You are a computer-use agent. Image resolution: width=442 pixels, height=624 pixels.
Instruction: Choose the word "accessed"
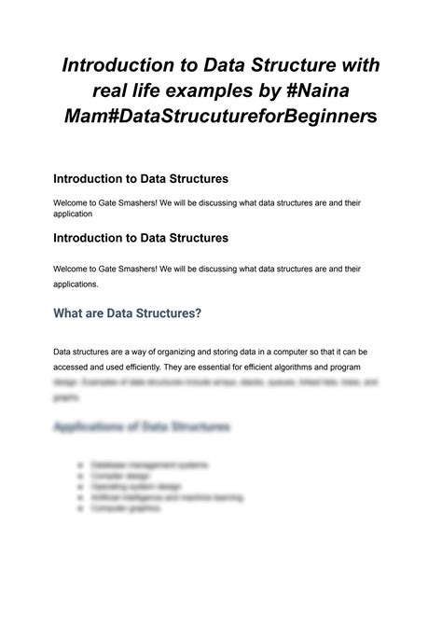click(74, 367)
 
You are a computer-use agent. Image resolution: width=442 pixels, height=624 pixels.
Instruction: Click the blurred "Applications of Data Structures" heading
click(141, 426)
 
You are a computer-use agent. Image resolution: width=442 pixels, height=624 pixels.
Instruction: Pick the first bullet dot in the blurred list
click(85, 465)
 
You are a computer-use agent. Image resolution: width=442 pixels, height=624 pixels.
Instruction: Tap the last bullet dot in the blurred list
click(85, 509)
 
